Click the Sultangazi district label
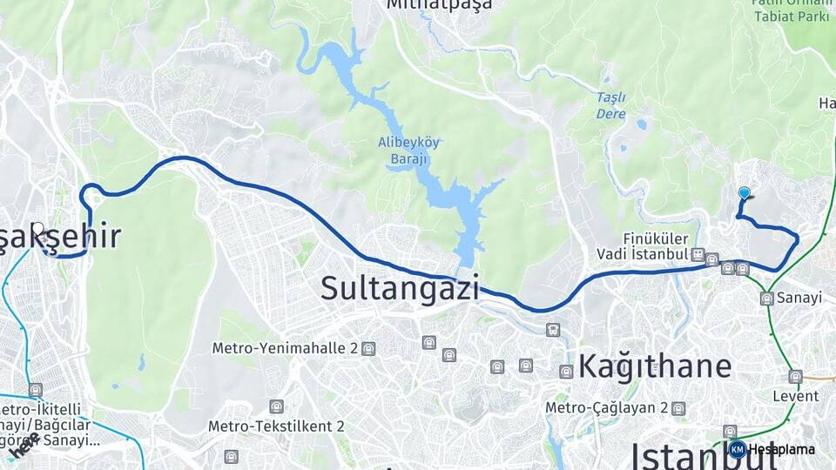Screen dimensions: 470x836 click(400, 287)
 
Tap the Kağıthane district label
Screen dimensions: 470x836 click(655, 366)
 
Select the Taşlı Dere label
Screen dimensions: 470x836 click(611, 105)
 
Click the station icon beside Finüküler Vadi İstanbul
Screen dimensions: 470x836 click(698, 254)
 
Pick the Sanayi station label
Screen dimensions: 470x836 click(800, 298)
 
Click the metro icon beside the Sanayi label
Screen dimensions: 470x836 click(766, 299)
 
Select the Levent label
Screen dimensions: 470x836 click(795, 396)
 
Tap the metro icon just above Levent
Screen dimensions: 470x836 click(795, 377)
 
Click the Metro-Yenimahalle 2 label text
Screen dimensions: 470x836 click(286, 348)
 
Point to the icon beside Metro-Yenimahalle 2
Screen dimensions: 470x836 click(368, 348)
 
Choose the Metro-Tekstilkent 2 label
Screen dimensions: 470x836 click(276, 426)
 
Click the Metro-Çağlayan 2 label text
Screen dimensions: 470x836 click(606, 407)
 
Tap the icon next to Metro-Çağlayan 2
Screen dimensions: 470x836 click(678, 407)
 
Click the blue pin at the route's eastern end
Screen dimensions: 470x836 click(744, 193)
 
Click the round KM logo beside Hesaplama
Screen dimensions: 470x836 click(737, 450)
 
